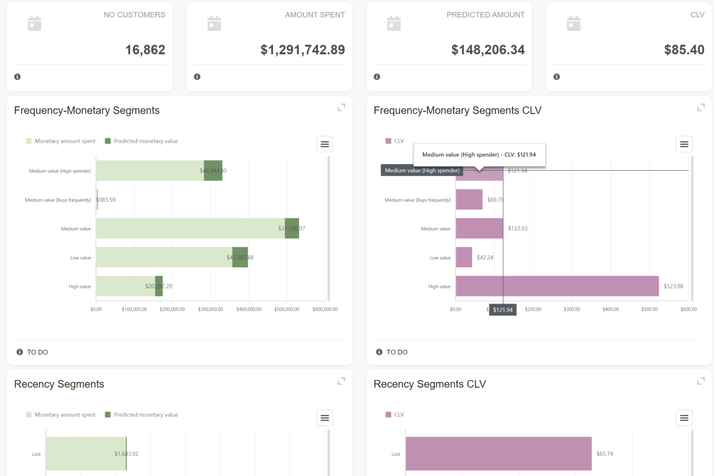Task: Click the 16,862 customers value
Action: coord(145,50)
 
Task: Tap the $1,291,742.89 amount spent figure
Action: coord(303,50)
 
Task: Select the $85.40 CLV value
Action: coord(684,50)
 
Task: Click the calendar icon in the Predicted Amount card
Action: coord(394,24)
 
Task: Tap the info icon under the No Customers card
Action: coord(17,77)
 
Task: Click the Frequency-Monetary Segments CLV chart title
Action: coord(457,111)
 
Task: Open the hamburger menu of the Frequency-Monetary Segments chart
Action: coord(325,144)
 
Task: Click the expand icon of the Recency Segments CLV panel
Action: coord(701,381)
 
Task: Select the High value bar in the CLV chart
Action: coord(557,286)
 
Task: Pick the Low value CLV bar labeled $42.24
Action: coord(464,257)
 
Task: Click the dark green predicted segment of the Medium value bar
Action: coord(292,228)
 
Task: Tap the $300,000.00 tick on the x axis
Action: coord(210,309)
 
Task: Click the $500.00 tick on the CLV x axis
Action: coord(649,309)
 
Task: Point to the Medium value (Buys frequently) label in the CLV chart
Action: coord(417,200)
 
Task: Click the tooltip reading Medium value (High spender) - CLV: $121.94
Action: coord(479,155)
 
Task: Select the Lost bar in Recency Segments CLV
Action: coord(498,454)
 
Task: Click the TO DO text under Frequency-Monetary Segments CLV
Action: coord(397,352)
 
